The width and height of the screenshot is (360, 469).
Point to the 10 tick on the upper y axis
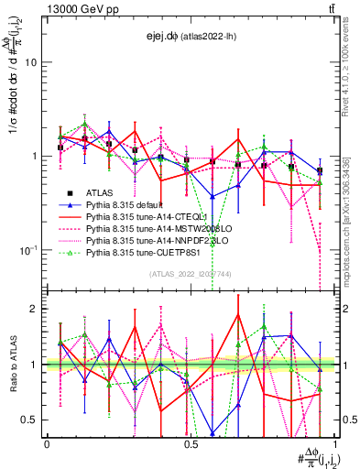[32, 62]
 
